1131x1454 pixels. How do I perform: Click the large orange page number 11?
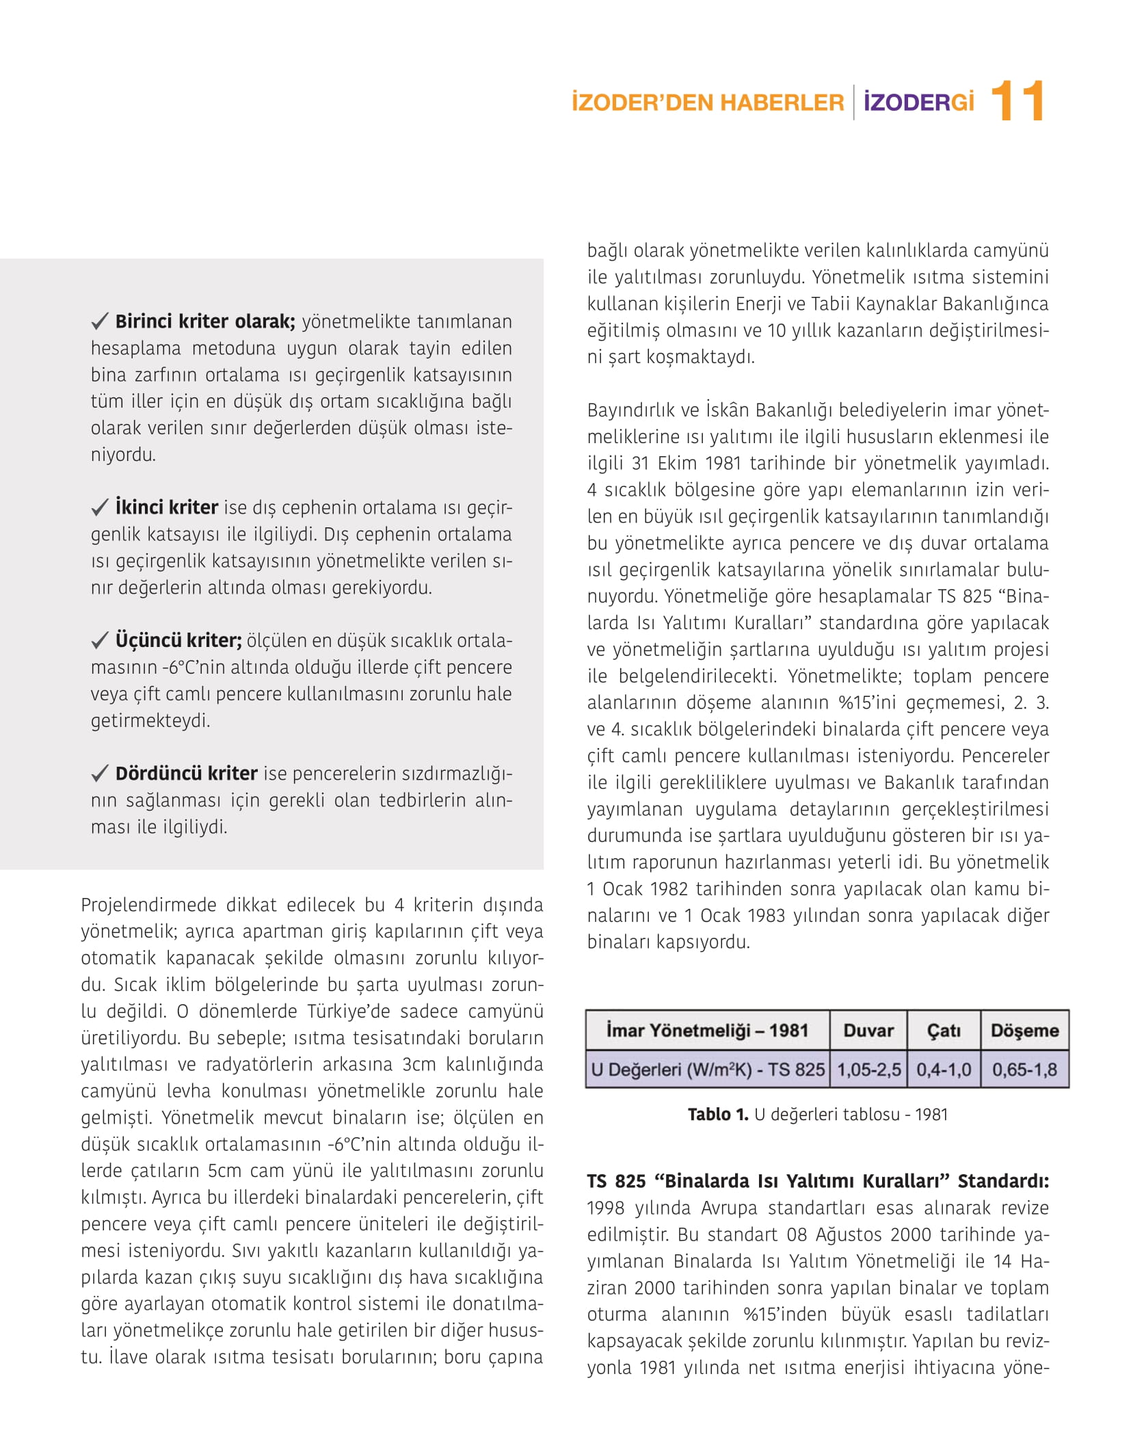1017,102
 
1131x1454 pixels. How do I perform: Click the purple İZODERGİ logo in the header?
918,103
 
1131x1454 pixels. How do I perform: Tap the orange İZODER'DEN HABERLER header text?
708,103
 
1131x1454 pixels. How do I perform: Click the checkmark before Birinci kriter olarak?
100,321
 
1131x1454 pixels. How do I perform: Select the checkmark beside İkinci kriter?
100,507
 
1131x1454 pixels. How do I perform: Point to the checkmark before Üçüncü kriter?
100,640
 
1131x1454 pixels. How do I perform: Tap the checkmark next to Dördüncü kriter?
100,774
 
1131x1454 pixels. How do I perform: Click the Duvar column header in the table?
868,1030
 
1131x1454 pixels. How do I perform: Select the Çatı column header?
944,1030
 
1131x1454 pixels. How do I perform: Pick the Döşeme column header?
1024,1030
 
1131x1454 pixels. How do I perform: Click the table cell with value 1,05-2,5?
869,1069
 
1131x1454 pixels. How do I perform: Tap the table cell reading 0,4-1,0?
944,1069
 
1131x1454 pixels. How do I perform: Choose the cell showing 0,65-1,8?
1024,1069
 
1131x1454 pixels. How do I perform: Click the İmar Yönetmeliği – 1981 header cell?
707,1030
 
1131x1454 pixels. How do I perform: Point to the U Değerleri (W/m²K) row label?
708,1069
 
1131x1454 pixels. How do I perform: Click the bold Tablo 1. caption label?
718,1114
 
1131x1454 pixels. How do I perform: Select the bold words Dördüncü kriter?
186,774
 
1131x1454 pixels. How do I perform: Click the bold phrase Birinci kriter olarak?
205,321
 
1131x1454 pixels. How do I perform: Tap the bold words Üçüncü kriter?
178,640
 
